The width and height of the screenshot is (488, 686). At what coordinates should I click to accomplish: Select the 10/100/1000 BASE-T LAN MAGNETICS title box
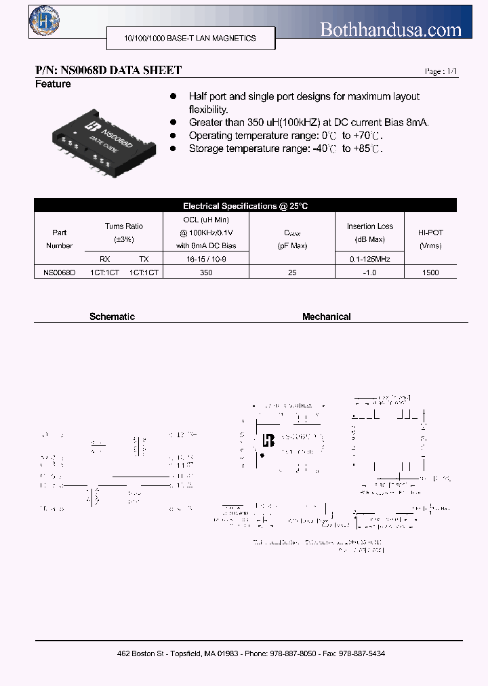190,39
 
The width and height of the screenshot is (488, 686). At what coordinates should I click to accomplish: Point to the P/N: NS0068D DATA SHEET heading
108,70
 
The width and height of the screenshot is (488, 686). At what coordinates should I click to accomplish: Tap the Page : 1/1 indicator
441,71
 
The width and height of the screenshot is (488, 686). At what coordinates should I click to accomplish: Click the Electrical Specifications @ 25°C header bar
245,205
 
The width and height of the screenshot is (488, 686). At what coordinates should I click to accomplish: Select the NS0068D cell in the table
59,273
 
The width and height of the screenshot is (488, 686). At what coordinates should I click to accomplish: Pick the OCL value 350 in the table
206,273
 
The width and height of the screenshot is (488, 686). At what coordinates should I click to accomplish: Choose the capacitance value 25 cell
293,273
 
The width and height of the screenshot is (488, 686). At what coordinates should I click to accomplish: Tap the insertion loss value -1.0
369,273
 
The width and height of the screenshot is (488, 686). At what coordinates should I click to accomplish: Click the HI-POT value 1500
430,273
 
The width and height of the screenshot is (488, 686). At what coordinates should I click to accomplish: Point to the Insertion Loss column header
369,233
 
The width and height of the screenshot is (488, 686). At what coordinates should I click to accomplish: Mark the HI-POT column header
430,239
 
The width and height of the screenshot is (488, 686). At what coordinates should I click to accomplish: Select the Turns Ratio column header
124,233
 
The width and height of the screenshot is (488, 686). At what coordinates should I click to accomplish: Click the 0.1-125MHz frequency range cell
369,259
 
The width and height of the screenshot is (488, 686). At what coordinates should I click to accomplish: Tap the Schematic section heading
112,317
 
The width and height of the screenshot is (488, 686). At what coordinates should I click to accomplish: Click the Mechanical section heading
326,317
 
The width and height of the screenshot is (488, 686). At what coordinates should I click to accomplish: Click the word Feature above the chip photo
53,84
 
